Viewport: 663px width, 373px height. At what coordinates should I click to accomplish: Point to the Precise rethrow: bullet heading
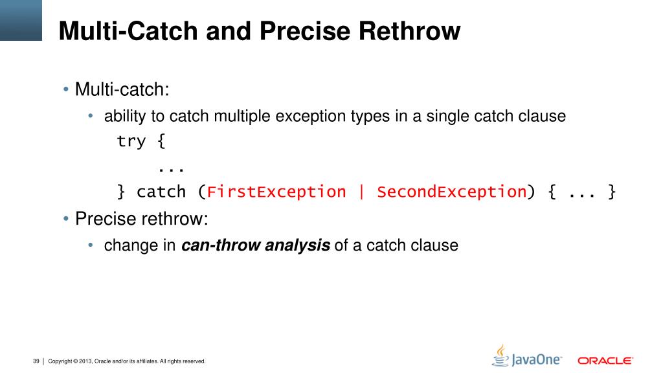point(142,219)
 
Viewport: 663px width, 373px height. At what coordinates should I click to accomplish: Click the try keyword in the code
point(131,141)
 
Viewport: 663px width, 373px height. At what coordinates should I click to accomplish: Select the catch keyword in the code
point(161,192)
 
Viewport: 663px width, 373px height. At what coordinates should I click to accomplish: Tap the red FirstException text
point(276,192)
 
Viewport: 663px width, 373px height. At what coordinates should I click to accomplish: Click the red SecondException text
point(451,192)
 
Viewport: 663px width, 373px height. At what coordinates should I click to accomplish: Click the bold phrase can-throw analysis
point(256,246)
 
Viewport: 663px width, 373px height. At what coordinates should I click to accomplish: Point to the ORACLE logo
point(605,360)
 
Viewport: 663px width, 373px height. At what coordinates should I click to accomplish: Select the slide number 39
point(36,361)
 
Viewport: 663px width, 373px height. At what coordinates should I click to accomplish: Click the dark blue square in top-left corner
point(21,20)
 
